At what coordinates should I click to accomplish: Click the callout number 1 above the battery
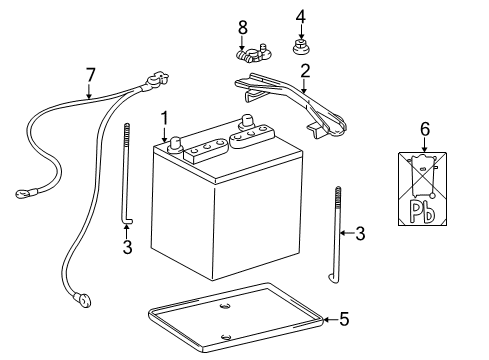pos(163,117)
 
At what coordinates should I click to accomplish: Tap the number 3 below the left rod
pos(126,247)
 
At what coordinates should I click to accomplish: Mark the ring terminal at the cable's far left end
pos(22,193)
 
